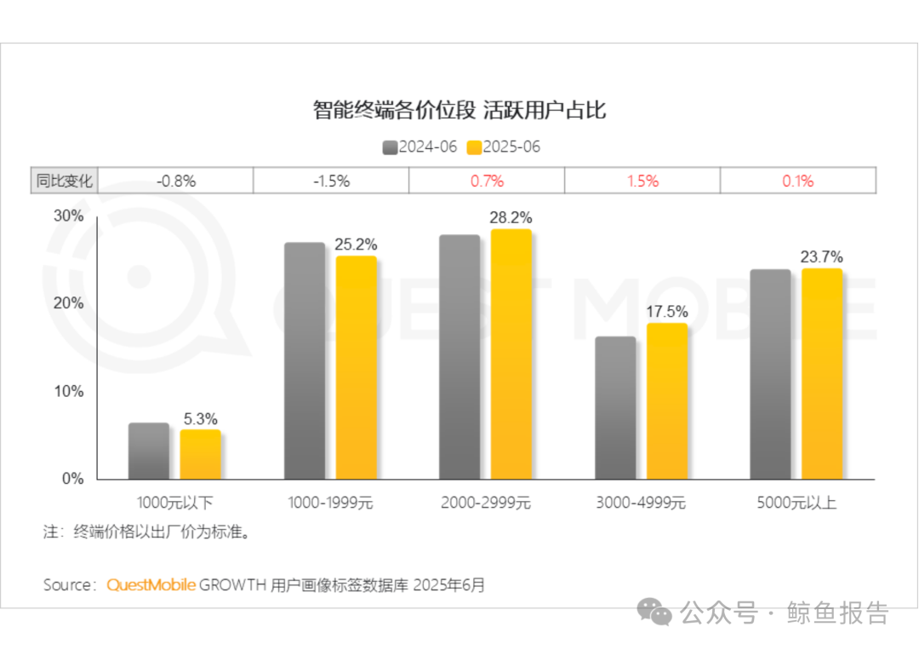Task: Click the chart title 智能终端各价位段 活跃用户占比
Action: [x=459, y=110]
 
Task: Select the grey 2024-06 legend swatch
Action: [x=390, y=147]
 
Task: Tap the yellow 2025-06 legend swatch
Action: [x=474, y=147]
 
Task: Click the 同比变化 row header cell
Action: [x=65, y=181]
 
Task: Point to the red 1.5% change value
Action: [x=642, y=181]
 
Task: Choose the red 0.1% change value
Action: [x=797, y=181]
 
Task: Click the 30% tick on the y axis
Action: [x=69, y=216]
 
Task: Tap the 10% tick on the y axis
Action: [x=69, y=391]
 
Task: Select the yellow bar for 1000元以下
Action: [x=201, y=455]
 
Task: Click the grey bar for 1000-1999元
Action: [x=305, y=361]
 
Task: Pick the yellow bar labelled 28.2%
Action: [x=511, y=354]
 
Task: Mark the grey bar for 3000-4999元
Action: [x=615, y=408]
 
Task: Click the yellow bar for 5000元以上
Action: [x=822, y=374]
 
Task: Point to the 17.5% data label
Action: [x=667, y=312]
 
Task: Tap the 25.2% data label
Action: [x=356, y=244]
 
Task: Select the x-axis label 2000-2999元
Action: [x=485, y=503]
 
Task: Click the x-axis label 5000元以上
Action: [x=796, y=503]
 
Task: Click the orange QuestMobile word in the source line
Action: [x=151, y=585]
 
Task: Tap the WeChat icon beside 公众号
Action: [x=654, y=612]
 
